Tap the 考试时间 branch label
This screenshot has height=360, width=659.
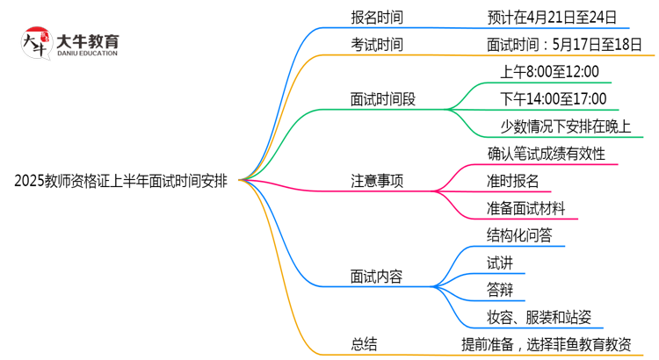click(379, 44)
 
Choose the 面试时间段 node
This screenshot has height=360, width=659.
click(383, 99)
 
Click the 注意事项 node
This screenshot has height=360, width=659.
click(379, 182)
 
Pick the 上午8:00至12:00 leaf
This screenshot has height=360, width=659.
click(549, 72)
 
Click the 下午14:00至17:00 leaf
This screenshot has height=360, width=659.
click(553, 99)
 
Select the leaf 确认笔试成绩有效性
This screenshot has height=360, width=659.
click(546, 154)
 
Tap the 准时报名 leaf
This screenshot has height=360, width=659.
click(519, 182)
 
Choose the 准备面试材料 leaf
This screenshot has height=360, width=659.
click(532, 209)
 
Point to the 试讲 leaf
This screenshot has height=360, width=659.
click(500, 263)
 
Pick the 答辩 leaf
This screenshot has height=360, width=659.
click(500, 290)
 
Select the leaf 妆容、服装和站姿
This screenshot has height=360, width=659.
click(545, 318)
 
